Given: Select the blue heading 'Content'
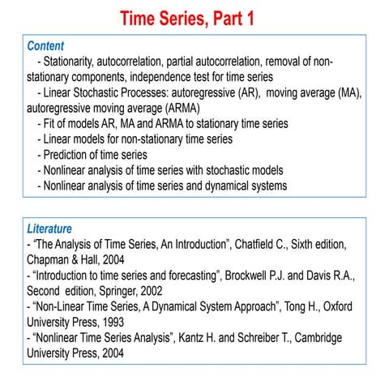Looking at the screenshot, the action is tap(45, 46).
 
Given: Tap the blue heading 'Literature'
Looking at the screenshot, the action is tap(49, 229).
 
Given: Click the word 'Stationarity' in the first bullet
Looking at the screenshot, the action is tap(74, 62).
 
